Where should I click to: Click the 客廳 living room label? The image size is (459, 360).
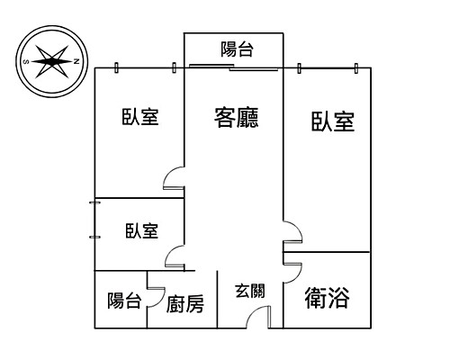(x=237, y=116)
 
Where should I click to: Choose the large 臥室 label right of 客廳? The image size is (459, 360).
(x=333, y=121)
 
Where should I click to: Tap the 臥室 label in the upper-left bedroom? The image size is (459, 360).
(x=140, y=117)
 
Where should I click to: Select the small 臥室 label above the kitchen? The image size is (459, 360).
(x=141, y=231)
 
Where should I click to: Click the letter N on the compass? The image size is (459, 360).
(x=76, y=62)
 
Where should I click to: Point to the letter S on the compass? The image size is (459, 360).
(x=26, y=62)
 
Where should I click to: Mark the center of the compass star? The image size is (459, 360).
(x=51, y=62)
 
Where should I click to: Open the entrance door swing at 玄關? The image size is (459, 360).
(x=262, y=318)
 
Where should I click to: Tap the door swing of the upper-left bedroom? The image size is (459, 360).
(x=175, y=181)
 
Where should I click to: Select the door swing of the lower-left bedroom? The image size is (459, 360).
(x=175, y=257)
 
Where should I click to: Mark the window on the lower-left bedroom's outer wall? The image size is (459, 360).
(x=94, y=220)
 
